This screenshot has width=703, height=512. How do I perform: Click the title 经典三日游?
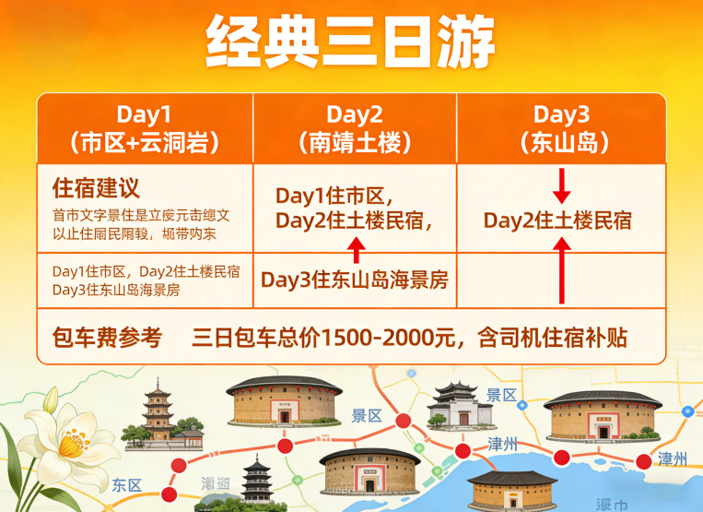[351, 41]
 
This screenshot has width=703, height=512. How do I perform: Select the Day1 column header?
[144, 115]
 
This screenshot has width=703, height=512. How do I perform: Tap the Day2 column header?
[355, 115]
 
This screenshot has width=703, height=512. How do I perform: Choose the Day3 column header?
[561, 115]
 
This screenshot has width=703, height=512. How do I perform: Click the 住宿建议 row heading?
[97, 189]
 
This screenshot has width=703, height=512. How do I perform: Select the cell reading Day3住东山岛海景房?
[355, 279]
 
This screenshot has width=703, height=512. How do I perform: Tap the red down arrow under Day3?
[562, 186]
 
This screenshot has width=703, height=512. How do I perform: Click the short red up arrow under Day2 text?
[356, 247]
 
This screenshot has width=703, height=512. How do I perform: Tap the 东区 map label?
[126, 484]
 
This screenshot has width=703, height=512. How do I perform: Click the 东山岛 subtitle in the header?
[561, 142]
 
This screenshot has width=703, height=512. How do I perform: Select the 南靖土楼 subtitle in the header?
[355, 142]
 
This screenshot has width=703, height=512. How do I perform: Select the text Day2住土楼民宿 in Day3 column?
[557, 220]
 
